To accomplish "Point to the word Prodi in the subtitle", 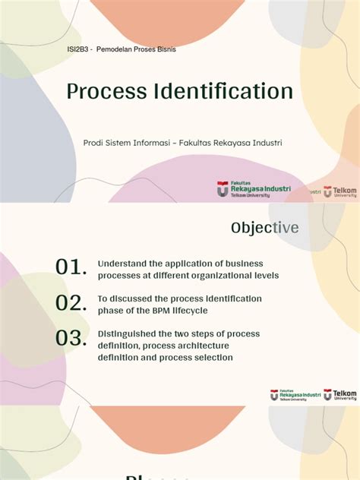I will (x=93, y=143).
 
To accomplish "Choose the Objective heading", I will (x=265, y=228).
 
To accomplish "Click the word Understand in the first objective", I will (x=122, y=263).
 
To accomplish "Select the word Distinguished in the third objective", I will (x=128, y=334).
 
